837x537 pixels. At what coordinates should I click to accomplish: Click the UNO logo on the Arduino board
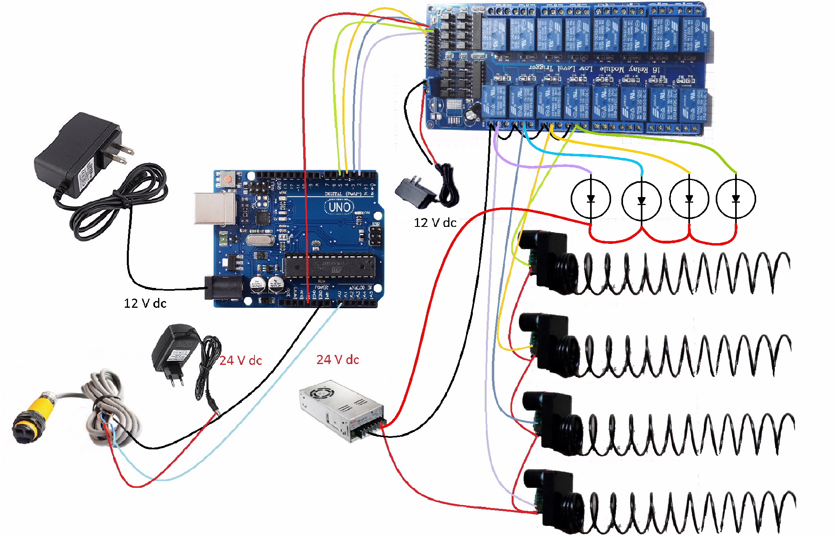pyautogui.click(x=339, y=207)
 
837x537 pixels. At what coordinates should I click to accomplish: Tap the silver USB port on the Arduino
pyautogui.click(x=214, y=209)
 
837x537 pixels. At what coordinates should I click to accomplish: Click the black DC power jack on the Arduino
pyautogui.click(x=224, y=288)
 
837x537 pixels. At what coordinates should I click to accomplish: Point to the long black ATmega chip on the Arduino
pyautogui.click(x=330, y=266)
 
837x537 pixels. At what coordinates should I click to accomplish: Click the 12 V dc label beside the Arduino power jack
pyautogui.click(x=145, y=303)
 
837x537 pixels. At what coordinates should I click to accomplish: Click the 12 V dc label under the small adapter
pyautogui.click(x=435, y=223)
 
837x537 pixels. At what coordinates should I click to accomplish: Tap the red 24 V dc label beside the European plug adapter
pyautogui.click(x=241, y=361)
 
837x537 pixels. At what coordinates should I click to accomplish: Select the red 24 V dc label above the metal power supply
pyautogui.click(x=338, y=360)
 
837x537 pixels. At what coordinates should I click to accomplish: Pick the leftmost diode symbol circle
pyautogui.click(x=590, y=198)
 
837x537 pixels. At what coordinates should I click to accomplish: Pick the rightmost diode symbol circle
pyautogui.click(x=736, y=198)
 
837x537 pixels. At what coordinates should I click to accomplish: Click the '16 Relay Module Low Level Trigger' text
pyautogui.click(x=594, y=69)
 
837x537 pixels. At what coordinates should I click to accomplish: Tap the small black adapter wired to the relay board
pyautogui.click(x=414, y=192)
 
